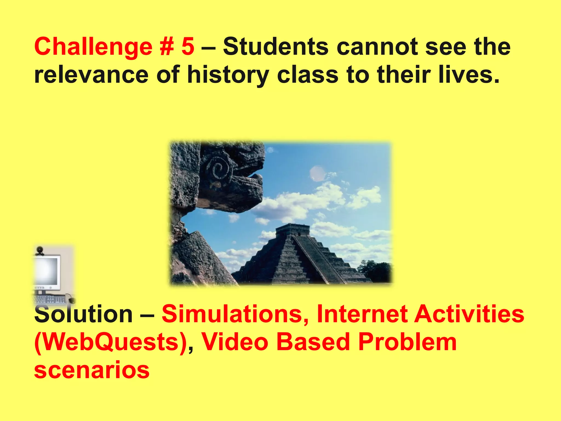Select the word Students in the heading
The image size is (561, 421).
(276, 47)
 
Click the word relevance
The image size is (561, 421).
(91, 75)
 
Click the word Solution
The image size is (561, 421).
(84, 314)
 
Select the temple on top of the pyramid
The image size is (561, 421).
(293, 230)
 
